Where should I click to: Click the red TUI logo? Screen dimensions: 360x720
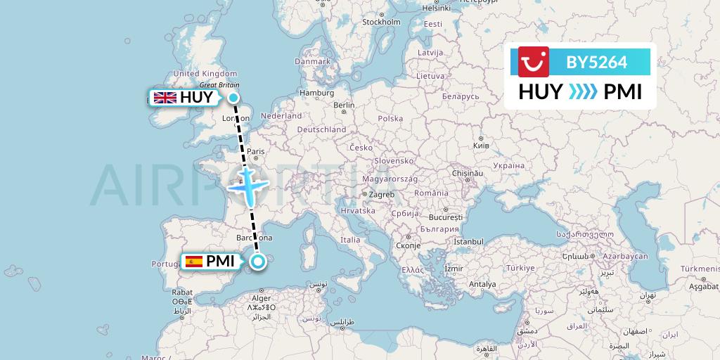coord(534,61)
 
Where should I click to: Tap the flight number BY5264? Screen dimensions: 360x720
coord(596,62)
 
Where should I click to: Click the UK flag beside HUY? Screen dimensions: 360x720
coord(165,98)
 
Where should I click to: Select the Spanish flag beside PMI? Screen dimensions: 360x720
coord(193,262)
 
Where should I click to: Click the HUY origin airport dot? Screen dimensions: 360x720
coord(233,98)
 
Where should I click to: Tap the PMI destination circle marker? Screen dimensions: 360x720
coord(259,262)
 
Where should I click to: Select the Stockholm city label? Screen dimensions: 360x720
coord(380,22)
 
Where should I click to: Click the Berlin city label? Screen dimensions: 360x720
coord(344,105)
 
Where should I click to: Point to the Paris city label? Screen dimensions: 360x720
coord(255,151)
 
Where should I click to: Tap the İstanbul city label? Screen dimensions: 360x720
coord(470,242)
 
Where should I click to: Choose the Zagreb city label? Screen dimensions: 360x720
coord(381,194)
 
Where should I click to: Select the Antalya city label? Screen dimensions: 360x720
coord(482,284)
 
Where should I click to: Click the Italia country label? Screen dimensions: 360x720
coord(349,240)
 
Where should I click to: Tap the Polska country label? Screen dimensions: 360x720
coord(390,119)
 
